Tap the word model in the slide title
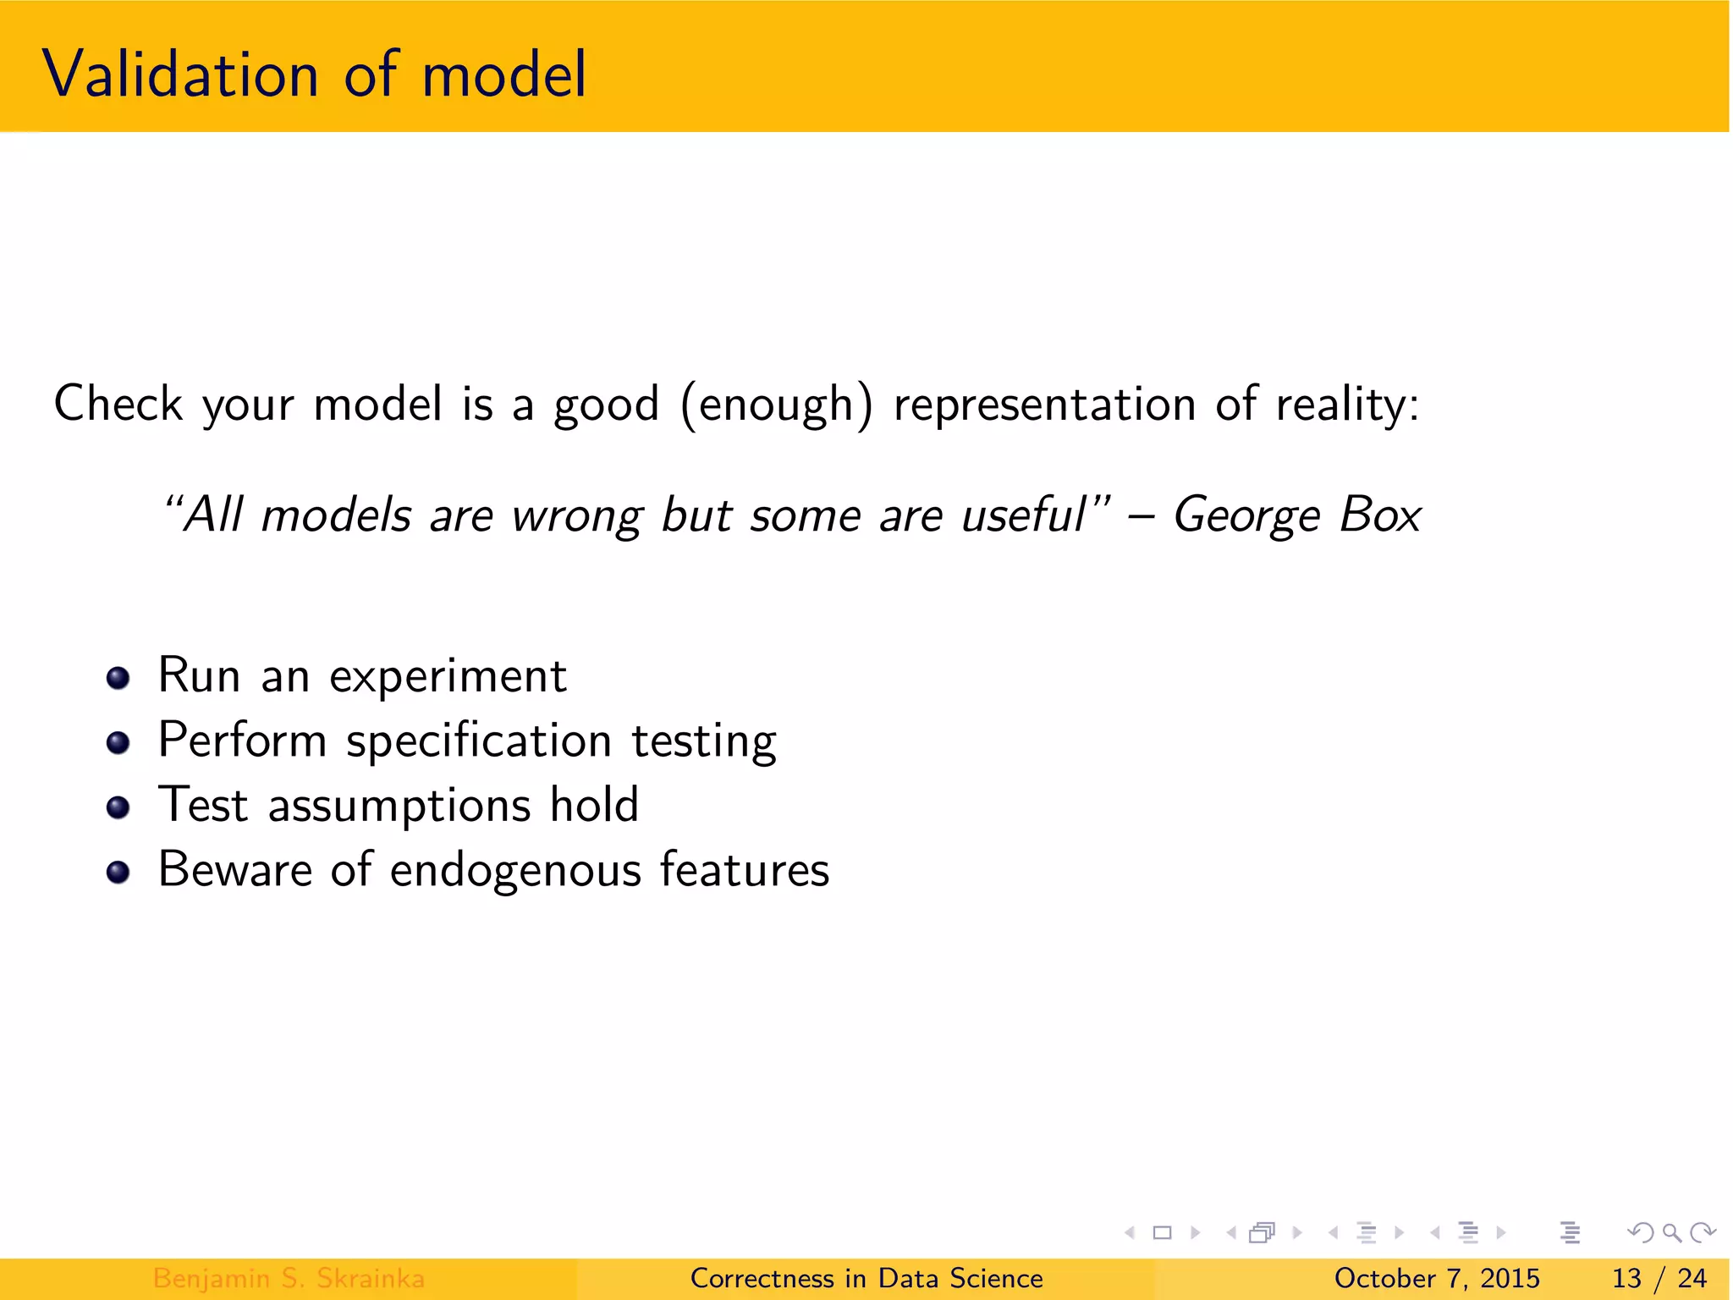point(503,74)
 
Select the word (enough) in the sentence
point(776,405)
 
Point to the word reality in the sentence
point(1345,405)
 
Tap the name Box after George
point(1380,515)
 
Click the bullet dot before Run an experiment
point(118,678)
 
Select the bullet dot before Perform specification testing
point(118,743)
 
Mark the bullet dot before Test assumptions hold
point(118,807)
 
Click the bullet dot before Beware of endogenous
point(118,872)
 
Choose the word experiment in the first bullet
point(448,677)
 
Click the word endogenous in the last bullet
point(515,871)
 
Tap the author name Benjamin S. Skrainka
point(289,1278)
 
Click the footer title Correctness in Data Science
point(866,1278)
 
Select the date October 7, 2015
point(1437,1278)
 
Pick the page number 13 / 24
point(1659,1278)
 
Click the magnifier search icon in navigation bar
point(1671,1232)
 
